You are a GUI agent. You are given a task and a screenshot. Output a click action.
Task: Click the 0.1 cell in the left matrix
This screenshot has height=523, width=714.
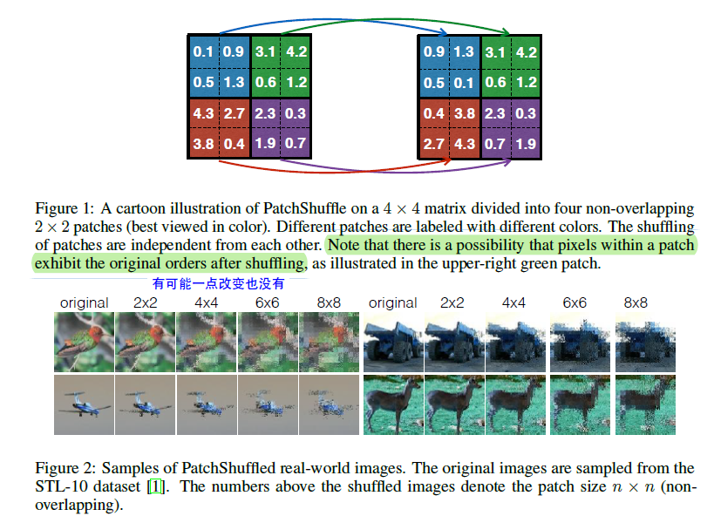tap(203, 51)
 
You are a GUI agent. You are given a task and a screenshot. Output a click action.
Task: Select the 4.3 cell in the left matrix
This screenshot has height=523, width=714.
tap(203, 113)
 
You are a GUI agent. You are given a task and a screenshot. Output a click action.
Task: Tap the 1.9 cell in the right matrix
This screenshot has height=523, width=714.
tap(526, 144)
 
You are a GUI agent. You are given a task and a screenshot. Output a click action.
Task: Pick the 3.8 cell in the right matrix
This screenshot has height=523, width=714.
tap(464, 113)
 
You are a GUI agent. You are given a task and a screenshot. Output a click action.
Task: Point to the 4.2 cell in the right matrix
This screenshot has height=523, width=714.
tap(526, 51)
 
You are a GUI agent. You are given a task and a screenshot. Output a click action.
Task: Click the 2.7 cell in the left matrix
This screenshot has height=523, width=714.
tap(234, 113)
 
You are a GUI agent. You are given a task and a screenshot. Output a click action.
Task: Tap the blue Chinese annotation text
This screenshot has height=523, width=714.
tap(218, 283)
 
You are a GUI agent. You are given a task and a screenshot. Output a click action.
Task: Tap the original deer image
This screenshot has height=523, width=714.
tap(392, 404)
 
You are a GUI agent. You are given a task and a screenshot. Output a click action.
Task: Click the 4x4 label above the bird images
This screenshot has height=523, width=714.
tap(206, 303)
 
